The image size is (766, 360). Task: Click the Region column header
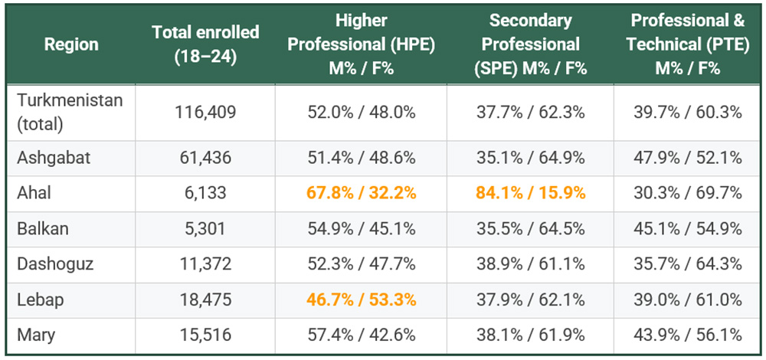[71, 44]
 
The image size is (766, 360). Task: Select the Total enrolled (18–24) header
[205, 44]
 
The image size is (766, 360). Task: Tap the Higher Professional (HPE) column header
[361, 44]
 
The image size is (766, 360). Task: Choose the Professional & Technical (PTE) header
[687, 44]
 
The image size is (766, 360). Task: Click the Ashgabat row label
[54, 158]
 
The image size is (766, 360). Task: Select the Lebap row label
[40, 299]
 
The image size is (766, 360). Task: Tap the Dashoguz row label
[56, 264]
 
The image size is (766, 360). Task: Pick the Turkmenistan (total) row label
[70, 112]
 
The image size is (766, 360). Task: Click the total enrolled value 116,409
[205, 112]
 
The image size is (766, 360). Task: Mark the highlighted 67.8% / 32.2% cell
[361, 193]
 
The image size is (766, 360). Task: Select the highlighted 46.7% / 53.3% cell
[361, 299]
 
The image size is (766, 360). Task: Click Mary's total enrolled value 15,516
[205, 335]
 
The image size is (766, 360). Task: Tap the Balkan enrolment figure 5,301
[205, 229]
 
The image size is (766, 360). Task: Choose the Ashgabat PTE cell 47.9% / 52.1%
[687, 158]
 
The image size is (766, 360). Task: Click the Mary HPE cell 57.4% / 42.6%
[361, 335]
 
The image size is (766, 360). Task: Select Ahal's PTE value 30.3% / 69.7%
[687, 193]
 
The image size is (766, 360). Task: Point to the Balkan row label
[43, 229]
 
